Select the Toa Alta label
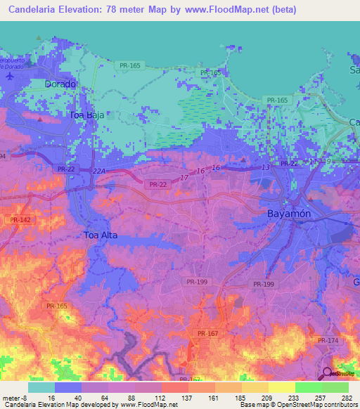pyautogui.click(x=101, y=235)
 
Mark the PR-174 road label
pyautogui.click(x=328, y=340)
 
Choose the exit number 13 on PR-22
pyautogui.click(x=265, y=167)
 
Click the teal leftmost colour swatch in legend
pyautogui.click(x=41, y=387)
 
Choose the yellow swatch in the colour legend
pyautogui.click(x=281, y=387)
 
